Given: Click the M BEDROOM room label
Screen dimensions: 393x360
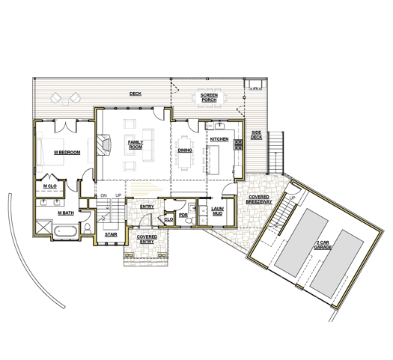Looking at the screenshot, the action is tap(67, 153).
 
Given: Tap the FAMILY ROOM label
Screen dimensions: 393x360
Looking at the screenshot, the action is tap(135, 144).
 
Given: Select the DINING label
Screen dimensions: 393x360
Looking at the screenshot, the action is tap(185, 150).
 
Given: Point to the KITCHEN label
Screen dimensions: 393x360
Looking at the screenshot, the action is tap(219, 139).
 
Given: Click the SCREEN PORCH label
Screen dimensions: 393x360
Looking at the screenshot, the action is tap(209, 98).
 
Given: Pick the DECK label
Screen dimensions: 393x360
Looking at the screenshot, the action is tap(135, 94).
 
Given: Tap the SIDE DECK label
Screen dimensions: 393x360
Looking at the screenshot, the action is tap(256, 135).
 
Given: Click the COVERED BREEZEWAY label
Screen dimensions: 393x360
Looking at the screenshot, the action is tap(259, 199).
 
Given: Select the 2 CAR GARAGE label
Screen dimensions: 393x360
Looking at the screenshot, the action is tap(323, 245).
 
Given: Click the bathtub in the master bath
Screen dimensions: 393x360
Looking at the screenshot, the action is tap(65, 231).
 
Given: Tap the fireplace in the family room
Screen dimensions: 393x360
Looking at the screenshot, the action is tap(103, 144).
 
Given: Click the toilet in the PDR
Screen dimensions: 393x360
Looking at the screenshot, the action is tap(190, 221).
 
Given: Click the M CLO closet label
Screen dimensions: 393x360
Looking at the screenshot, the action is tap(50, 186).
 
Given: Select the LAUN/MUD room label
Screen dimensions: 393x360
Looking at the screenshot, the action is tap(217, 211).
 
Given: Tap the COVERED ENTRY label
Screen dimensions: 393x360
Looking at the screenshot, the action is tap(147, 240).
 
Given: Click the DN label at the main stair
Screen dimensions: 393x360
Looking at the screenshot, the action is tap(103, 195).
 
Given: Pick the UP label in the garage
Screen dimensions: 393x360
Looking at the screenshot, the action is tap(292, 198).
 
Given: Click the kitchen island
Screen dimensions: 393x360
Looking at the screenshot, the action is tap(213, 160).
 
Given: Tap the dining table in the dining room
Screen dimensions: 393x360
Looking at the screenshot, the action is tap(185, 153).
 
